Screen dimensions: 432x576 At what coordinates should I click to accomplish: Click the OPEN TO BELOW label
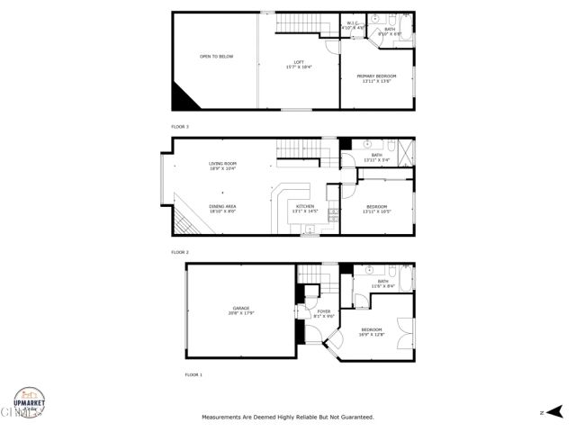216,57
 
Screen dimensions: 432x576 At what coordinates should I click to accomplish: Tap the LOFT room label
292,61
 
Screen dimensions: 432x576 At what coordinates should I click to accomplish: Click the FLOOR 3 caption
180,127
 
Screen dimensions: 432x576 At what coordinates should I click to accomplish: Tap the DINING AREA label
222,207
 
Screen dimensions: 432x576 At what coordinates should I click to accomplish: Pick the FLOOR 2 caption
180,253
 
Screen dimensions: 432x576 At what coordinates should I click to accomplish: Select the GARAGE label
240,308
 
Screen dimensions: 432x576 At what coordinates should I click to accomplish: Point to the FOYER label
324,311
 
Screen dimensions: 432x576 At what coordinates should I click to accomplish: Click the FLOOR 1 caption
193,373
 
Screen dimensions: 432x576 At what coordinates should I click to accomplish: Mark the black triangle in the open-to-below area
185,95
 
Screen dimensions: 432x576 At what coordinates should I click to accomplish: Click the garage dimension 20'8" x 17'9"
240,313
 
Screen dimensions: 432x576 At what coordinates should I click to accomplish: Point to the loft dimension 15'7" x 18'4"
292,67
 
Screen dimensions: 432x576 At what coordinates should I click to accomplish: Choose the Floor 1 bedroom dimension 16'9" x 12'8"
372,335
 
